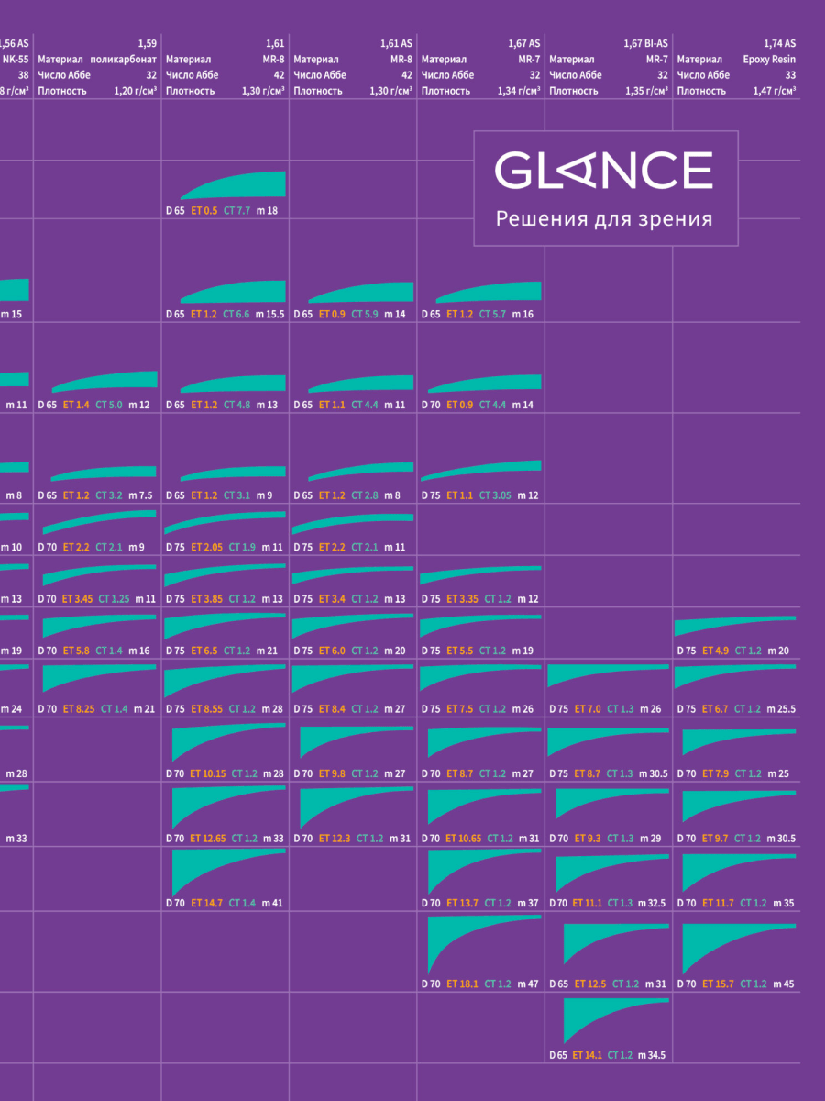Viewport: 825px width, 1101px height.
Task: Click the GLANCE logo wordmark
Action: [x=603, y=171]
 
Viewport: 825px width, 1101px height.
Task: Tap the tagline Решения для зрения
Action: [x=603, y=219]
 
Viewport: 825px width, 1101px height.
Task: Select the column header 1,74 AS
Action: [x=779, y=43]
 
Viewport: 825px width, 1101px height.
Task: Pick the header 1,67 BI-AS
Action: [x=645, y=43]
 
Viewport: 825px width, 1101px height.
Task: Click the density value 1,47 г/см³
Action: [x=774, y=91]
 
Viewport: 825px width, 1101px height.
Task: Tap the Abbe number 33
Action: [x=790, y=75]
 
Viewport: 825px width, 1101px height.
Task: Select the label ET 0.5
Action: [x=204, y=211]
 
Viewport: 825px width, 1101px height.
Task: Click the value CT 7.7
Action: [x=237, y=211]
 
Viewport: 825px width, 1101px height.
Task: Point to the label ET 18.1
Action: [x=463, y=984]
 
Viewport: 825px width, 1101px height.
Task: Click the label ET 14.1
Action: [x=588, y=1055]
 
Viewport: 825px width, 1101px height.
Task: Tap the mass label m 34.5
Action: [x=651, y=1055]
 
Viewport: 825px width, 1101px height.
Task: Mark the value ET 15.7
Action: [x=718, y=984]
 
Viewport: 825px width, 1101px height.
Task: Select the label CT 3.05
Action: [x=495, y=495]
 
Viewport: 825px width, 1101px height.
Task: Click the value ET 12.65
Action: [x=208, y=838]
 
